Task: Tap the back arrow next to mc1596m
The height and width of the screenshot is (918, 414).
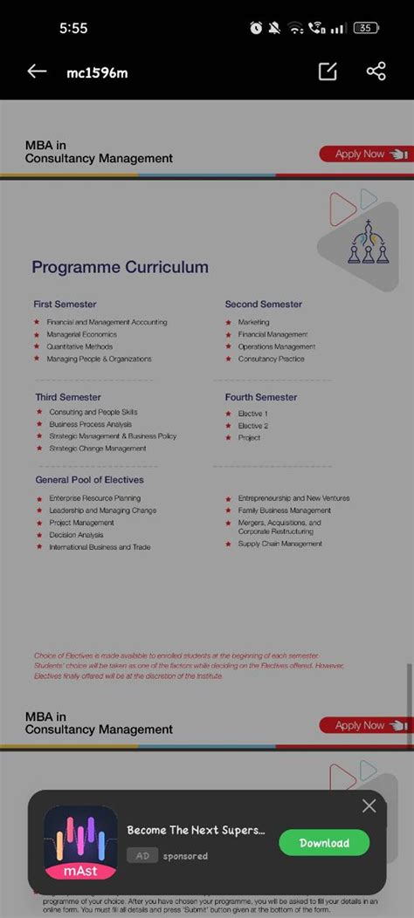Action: pyautogui.click(x=37, y=72)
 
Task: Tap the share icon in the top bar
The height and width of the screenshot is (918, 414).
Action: pyautogui.click(x=376, y=72)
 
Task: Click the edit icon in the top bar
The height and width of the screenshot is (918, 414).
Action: pyautogui.click(x=328, y=72)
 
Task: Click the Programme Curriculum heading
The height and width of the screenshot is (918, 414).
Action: pyautogui.click(x=120, y=267)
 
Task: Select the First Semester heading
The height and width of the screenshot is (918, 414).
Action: pyautogui.click(x=65, y=305)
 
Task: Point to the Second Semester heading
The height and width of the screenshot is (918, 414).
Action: pyautogui.click(x=263, y=305)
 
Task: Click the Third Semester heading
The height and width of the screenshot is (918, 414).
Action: pyautogui.click(x=68, y=397)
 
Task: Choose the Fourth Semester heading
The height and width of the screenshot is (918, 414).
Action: pyautogui.click(x=260, y=397)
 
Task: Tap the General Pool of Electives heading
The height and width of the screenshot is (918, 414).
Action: pyautogui.click(x=89, y=480)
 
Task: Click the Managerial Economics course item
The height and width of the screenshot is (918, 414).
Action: pyautogui.click(x=81, y=334)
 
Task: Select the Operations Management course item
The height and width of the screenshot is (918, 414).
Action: pyautogui.click(x=276, y=346)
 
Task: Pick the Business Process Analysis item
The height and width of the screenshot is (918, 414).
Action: pyautogui.click(x=90, y=424)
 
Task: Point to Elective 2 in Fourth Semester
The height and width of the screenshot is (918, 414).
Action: pyautogui.click(x=252, y=426)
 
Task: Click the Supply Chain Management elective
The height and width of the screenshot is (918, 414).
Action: pyautogui.click(x=279, y=544)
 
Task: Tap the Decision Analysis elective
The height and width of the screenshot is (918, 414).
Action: pyautogui.click(x=76, y=535)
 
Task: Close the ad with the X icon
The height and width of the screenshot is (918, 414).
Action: pyautogui.click(x=369, y=806)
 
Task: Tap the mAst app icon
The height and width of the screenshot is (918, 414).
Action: pyautogui.click(x=80, y=843)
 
